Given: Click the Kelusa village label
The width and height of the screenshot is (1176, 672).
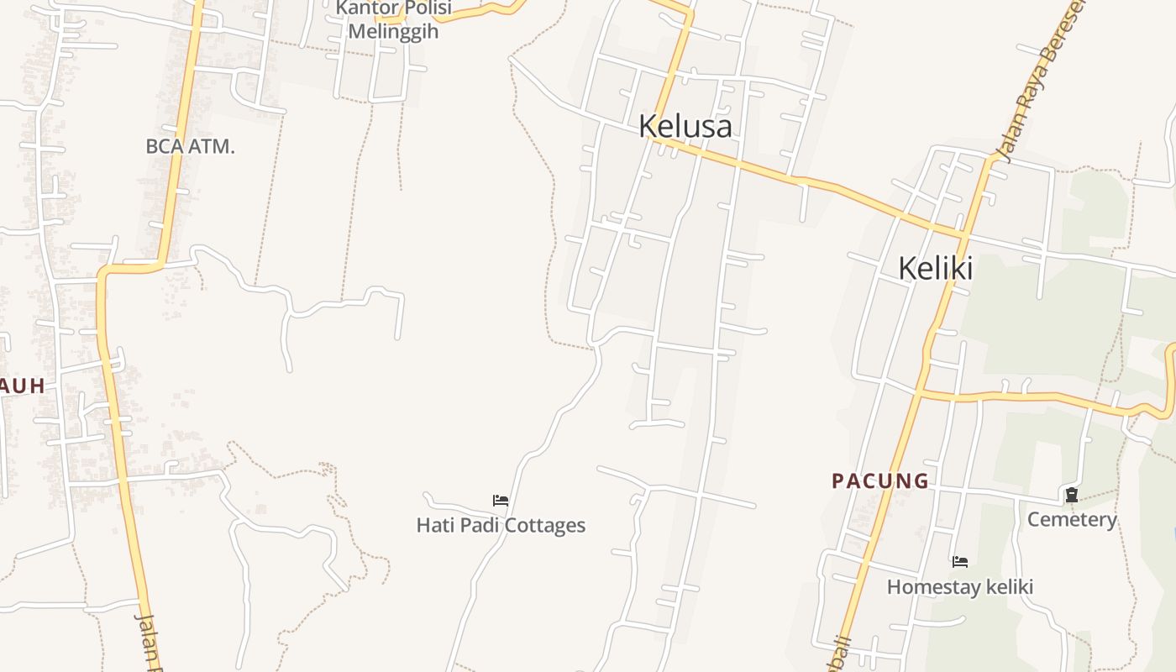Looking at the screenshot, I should click(685, 127).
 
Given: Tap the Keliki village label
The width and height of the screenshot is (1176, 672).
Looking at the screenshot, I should click(935, 269).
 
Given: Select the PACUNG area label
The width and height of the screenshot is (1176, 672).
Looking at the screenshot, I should click(879, 481).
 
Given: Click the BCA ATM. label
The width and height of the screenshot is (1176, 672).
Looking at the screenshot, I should click(190, 146).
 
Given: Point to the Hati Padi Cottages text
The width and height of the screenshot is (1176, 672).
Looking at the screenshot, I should click(501, 526).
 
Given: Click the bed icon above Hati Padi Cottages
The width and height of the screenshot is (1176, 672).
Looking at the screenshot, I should click(501, 501).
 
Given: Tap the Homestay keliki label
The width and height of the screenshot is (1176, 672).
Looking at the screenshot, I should click(959, 587).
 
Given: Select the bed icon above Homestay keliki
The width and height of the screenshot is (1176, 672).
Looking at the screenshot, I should click(960, 561).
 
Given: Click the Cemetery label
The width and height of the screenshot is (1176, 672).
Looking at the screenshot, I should click(1072, 520).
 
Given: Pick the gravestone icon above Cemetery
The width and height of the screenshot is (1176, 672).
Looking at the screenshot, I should click(1072, 496).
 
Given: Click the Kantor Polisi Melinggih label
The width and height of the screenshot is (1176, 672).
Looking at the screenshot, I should click(393, 19).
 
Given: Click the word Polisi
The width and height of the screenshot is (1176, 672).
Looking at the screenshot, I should click(424, 8).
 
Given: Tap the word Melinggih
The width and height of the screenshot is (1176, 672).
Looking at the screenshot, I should click(393, 31).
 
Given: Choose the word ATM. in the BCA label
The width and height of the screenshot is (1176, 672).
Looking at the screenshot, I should click(211, 146).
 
